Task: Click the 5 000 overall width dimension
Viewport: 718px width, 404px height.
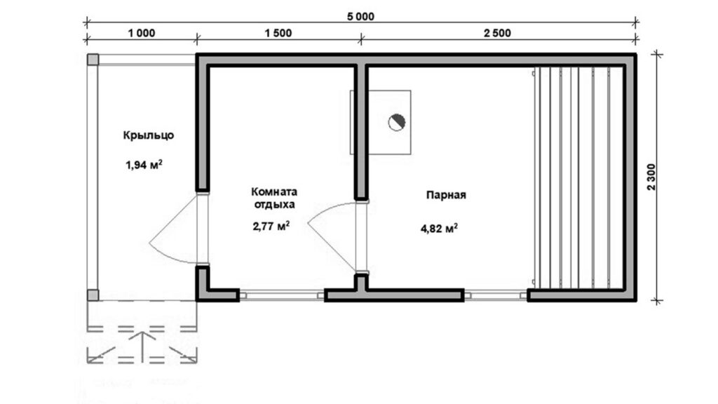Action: coord(360,17)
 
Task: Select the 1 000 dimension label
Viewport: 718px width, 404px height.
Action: coord(142,33)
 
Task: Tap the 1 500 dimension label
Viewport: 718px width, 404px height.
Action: coord(278,33)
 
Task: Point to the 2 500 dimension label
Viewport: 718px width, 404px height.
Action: coord(497,33)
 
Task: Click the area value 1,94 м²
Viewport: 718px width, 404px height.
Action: coord(144,165)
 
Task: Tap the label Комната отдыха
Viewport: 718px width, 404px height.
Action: coord(274,198)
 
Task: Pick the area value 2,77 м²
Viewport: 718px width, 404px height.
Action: coord(271,226)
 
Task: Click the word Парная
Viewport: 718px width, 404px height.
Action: coord(447,195)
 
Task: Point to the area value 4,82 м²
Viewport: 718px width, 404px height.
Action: coord(440,228)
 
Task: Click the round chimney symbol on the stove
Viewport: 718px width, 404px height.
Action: coord(397,122)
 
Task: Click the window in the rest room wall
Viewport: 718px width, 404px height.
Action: coord(282,296)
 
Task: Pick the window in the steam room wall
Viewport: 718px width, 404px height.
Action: coord(496,296)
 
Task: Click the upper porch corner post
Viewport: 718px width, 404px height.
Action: coord(93,60)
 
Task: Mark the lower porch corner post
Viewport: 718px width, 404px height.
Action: coord(93,295)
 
